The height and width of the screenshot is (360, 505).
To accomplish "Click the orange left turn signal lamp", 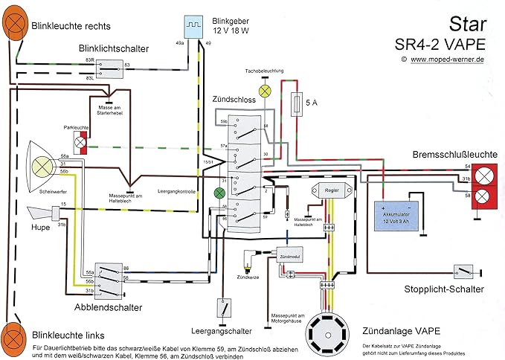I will click(x=13, y=336).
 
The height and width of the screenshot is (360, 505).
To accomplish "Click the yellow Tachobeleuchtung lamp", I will click(x=263, y=89).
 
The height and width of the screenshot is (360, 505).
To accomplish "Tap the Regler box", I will click(x=331, y=191).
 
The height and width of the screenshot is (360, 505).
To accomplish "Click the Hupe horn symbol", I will click(x=44, y=215).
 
